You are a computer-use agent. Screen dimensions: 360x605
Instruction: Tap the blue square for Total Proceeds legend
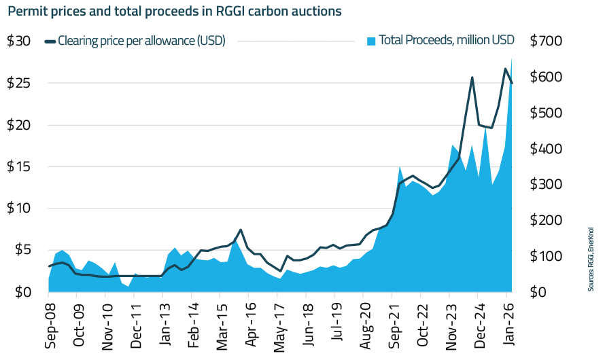tap(370, 41)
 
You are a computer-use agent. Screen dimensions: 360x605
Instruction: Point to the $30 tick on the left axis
tap(18, 41)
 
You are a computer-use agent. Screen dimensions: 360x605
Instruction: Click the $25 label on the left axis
tap(18, 83)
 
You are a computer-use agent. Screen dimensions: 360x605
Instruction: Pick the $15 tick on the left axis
tap(18, 166)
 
